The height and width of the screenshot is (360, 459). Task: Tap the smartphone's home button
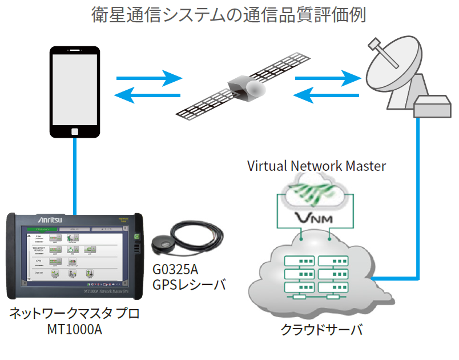pos(75,131)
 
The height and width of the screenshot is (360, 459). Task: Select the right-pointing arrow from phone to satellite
pos(148,78)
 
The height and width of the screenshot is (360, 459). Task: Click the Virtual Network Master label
pos(316,166)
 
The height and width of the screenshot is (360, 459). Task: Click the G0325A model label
pos(177,269)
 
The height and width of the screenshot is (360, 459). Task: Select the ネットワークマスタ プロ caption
pos(74,314)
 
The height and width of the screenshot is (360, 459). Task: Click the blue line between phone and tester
pos(75,174)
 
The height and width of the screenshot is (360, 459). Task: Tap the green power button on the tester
pos(136,237)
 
